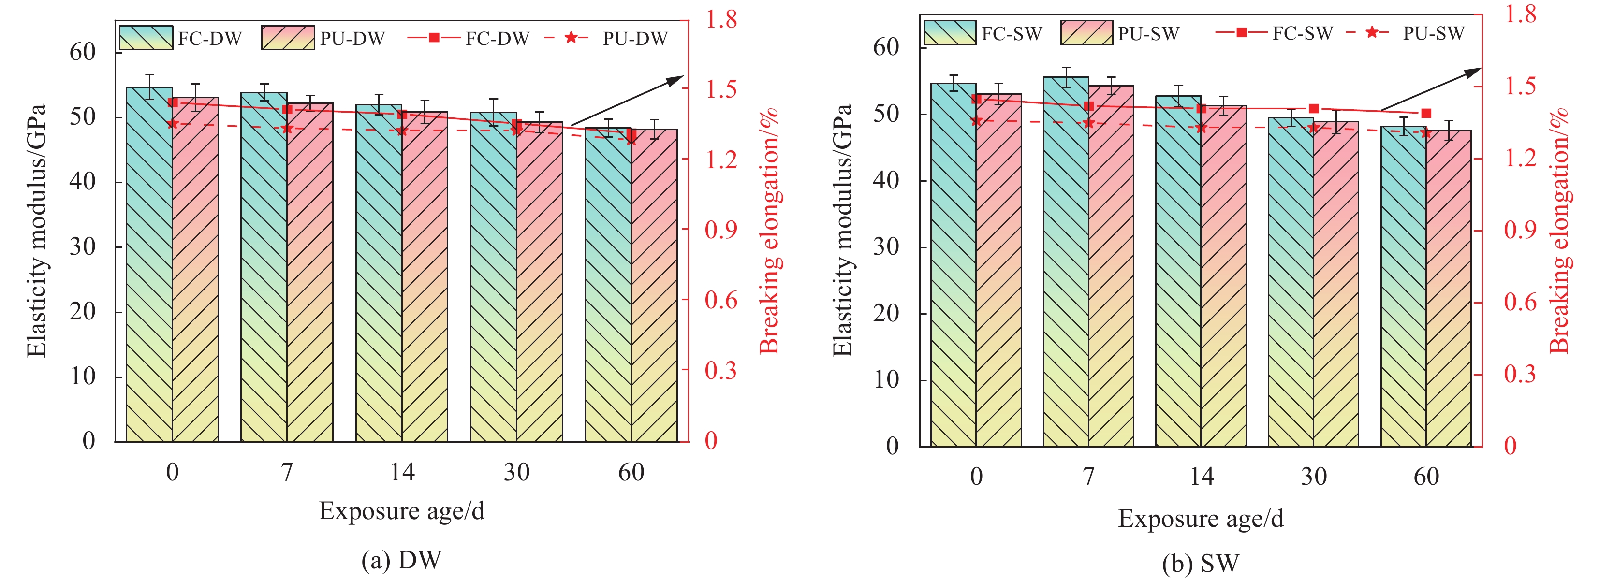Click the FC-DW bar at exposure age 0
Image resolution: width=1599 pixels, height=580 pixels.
click(x=149, y=267)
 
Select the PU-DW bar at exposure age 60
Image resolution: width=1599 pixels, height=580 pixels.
click(x=654, y=285)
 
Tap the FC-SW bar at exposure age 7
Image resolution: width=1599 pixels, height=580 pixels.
click(x=1066, y=261)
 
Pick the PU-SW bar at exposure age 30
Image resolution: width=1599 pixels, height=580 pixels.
click(x=1336, y=285)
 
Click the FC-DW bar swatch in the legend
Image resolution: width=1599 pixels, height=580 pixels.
click(x=146, y=38)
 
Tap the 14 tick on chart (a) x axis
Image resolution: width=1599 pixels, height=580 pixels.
click(x=402, y=473)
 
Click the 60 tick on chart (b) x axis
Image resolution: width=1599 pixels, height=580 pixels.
click(x=1426, y=477)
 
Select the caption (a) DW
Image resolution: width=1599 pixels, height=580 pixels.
click(x=402, y=560)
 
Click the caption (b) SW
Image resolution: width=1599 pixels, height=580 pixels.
click(x=1201, y=563)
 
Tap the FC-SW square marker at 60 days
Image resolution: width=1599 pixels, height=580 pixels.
click(x=1426, y=113)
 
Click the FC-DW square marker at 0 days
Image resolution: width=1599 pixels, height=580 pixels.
click(x=173, y=102)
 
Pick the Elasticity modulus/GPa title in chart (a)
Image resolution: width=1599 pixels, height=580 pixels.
click(x=37, y=231)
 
